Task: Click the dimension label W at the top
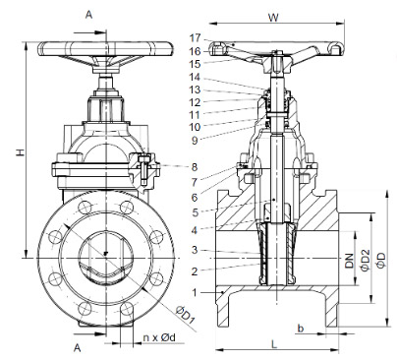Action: (x=273, y=18)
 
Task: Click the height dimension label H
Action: (x=21, y=152)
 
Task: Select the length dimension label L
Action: (x=274, y=343)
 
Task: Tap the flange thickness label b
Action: (x=301, y=328)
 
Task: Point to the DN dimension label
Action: (x=350, y=261)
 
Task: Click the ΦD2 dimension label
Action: (x=366, y=261)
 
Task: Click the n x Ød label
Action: (x=159, y=337)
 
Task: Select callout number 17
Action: (x=195, y=38)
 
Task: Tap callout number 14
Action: (x=195, y=77)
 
